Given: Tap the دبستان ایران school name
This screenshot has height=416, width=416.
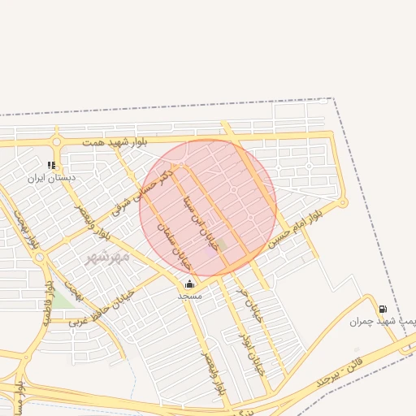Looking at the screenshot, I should pos(51,177).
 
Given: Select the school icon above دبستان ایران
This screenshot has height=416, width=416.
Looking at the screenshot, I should pos(52,166).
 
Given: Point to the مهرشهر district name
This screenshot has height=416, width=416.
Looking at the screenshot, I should pos(107,257).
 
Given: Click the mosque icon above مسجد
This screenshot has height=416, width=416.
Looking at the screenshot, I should pos(189,284).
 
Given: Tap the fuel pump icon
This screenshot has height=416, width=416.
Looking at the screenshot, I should pos(382,309).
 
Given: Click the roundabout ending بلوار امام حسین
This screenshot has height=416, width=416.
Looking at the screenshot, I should pos(343,203).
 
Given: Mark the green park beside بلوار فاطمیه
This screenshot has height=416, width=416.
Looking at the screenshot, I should pos(62,298).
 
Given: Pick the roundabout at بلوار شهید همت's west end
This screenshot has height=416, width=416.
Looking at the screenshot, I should pos(57,142).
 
